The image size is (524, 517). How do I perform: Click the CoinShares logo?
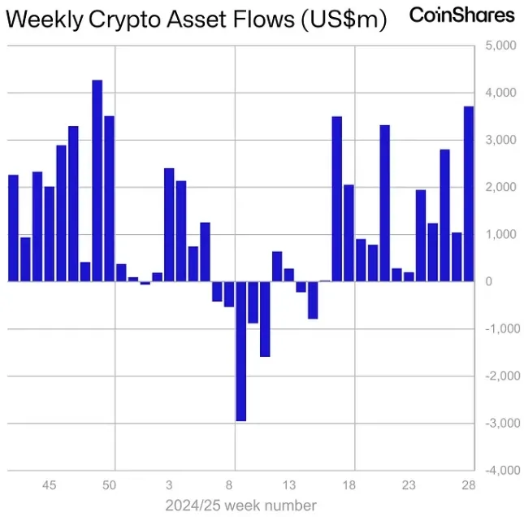(x=461, y=15)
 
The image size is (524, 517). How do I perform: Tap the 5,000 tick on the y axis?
(x=500, y=46)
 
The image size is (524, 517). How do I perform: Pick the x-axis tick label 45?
(x=50, y=485)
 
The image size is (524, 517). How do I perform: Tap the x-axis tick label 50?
(x=109, y=485)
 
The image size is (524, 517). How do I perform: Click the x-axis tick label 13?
(x=289, y=485)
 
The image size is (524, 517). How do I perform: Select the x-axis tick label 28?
(x=468, y=485)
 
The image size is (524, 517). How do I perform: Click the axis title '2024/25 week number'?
(x=240, y=506)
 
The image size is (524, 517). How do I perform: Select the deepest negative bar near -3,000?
(x=241, y=350)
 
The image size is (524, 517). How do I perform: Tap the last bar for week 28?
(x=469, y=193)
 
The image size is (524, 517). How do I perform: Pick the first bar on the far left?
(x=13, y=228)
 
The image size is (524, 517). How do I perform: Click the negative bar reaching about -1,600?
(x=265, y=319)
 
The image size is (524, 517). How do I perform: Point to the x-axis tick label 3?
(x=169, y=485)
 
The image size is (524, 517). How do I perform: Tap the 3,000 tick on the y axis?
(x=500, y=141)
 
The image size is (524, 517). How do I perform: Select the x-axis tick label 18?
(x=349, y=485)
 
